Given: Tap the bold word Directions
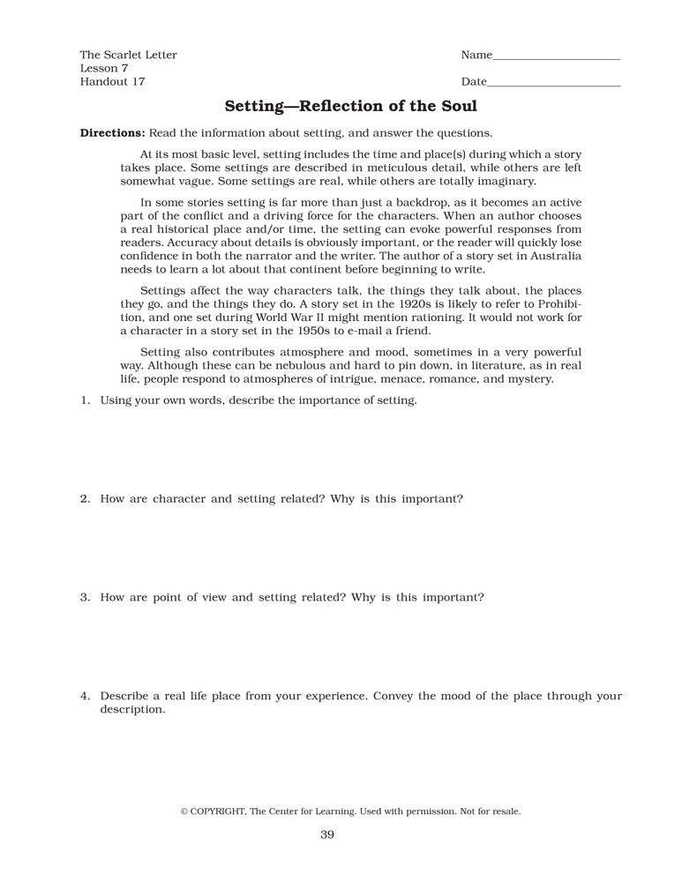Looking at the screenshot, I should pyautogui.click(x=112, y=133).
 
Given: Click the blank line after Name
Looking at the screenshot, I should pyautogui.click(x=557, y=56).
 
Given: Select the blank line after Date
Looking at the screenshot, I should pyautogui.click(x=554, y=82).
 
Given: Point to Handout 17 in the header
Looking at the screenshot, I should pyautogui.click(x=112, y=82).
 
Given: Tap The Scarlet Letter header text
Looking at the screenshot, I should pyautogui.click(x=129, y=56).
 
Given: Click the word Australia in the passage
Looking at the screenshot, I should pyautogui.click(x=553, y=257).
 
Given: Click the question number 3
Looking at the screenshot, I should pyautogui.click(x=85, y=597).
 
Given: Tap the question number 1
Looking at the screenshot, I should pyautogui.click(x=85, y=400).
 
